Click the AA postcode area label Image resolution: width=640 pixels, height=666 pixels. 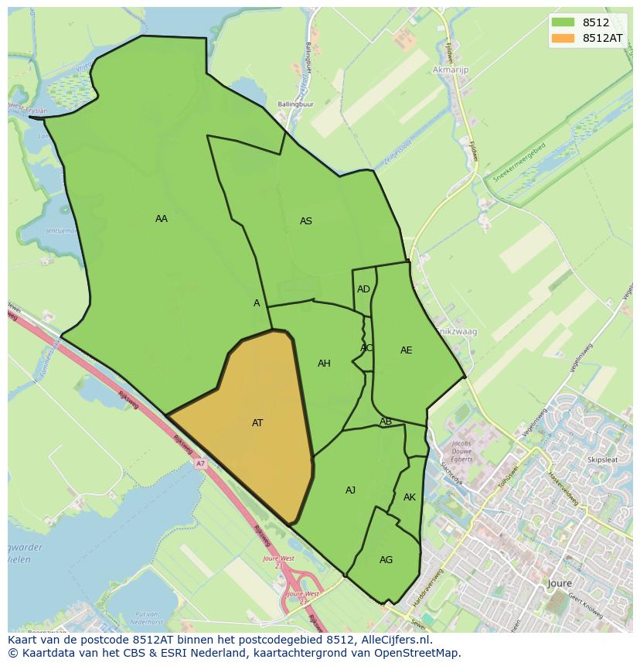(x=161, y=219)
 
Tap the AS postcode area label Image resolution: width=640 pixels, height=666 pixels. (x=305, y=221)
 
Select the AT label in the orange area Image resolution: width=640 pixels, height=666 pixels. (x=257, y=423)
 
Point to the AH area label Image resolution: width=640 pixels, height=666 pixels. (x=324, y=364)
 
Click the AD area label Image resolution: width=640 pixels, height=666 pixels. (x=363, y=289)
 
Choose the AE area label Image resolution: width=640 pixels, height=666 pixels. (x=406, y=350)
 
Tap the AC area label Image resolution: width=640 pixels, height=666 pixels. (x=366, y=348)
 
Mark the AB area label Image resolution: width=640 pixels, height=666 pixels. (x=386, y=422)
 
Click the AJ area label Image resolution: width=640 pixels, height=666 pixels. (x=350, y=490)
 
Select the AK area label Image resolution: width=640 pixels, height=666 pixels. (x=410, y=497)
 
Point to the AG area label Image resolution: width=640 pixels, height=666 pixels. (x=386, y=560)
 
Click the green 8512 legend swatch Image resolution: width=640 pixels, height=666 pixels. (x=563, y=22)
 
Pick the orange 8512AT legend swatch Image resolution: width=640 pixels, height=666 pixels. (x=563, y=38)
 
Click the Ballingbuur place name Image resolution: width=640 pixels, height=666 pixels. (x=296, y=104)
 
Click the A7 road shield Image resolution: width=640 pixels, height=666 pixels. (x=201, y=463)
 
